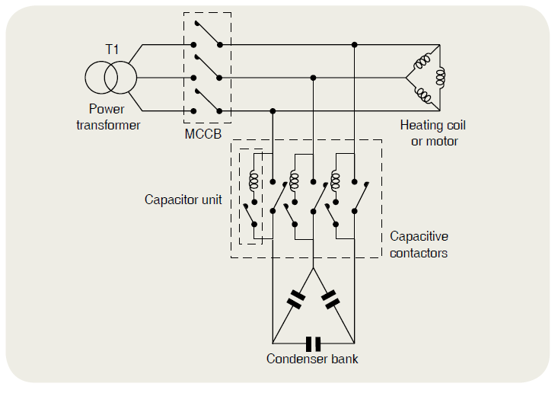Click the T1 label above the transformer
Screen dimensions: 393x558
click(112, 50)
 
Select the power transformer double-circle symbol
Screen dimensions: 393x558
click(111, 77)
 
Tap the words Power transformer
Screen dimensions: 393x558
click(108, 117)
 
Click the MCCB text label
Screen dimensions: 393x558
click(202, 135)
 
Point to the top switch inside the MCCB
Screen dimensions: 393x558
click(206, 35)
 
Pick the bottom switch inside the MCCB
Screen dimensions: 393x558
click(206, 101)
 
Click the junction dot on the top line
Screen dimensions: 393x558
click(354, 45)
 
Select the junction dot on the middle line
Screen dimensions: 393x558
click(313, 77)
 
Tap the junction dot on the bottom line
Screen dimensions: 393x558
click(273, 111)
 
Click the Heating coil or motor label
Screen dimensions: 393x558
click(432, 133)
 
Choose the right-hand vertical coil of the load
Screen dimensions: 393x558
click(440, 77)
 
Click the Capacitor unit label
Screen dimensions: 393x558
click(183, 200)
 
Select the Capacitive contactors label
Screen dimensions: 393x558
click(419, 244)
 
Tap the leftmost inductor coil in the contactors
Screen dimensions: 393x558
click(253, 180)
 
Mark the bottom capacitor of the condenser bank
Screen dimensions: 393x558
click(313, 343)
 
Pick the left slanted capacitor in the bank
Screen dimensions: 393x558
click(295, 299)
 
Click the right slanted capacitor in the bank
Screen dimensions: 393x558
click(331, 299)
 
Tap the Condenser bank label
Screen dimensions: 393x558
click(312, 359)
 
